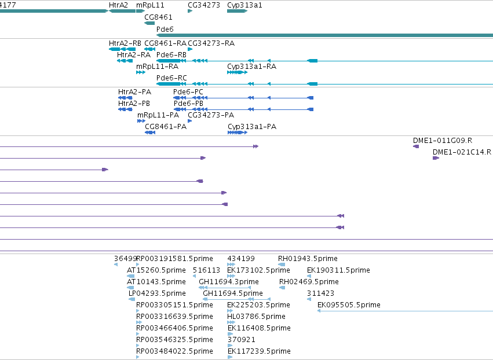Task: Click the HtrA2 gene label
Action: pos(118,5)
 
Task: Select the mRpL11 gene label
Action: pos(150,5)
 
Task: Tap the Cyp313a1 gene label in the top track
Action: pos(244,5)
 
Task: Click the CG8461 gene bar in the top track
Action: pos(149,23)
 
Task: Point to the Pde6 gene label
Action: pos(165,29)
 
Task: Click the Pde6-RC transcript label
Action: pos(171,78)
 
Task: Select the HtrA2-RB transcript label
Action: pos(125,43)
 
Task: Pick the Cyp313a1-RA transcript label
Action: pos(251,67)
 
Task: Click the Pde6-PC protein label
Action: pos(188,92)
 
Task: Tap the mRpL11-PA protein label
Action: pos(158,115)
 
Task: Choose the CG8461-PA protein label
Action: pos(166,127)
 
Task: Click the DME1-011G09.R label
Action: pos(443,141)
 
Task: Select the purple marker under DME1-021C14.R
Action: pos(436,158)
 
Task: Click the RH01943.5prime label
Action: pos(308,259)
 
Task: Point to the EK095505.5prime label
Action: pos(349,304)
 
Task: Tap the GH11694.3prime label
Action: pos(229,282)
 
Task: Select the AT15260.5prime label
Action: pos(156,270)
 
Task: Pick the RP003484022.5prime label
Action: pos(174,351)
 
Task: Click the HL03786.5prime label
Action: pos(256,317)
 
